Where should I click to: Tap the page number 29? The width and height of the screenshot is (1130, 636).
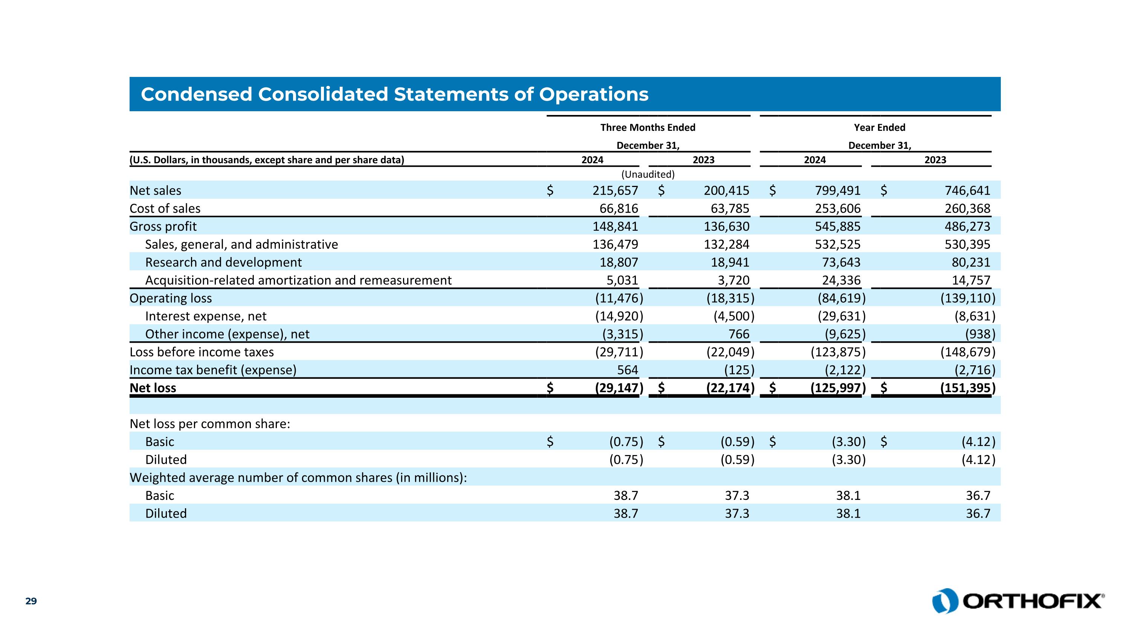click(31, 601)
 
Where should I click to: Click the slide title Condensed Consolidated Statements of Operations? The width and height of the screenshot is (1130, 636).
click(394, 94)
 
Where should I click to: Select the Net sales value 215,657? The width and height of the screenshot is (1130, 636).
click(615, 190)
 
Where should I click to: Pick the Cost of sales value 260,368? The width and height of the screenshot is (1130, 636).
click(967, 208)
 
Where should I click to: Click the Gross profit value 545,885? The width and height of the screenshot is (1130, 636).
click(837, 227)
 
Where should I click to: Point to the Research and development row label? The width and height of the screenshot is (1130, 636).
click(223, 262)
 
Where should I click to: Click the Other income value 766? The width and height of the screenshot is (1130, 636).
click(739, 334)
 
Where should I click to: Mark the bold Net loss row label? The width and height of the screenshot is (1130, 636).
click(153, 388)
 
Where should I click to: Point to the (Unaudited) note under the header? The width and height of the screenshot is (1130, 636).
click(647, 174)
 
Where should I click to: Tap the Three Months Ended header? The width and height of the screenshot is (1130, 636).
click(647, 127)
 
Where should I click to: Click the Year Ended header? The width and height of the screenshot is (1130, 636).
click(879, 127)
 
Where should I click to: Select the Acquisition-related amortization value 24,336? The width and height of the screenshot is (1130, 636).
click(841, 280)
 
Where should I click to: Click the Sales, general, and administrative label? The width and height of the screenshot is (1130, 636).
click(241, 244)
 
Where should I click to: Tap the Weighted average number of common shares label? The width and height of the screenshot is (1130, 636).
click(298, 478)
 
